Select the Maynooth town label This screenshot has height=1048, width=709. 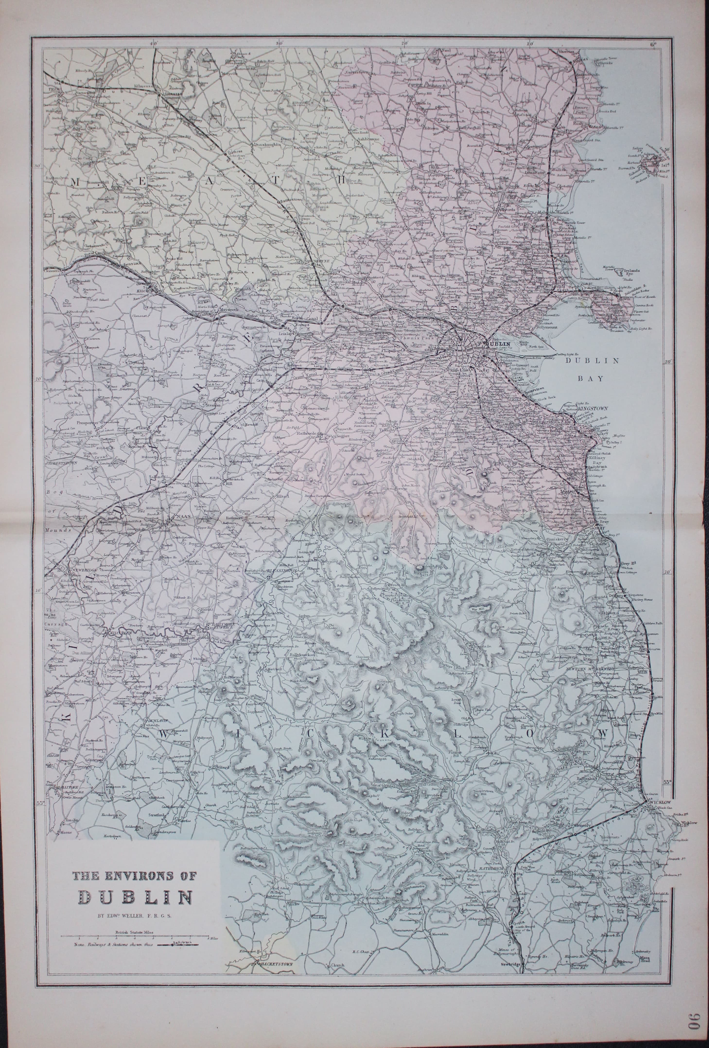click(228, 310)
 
